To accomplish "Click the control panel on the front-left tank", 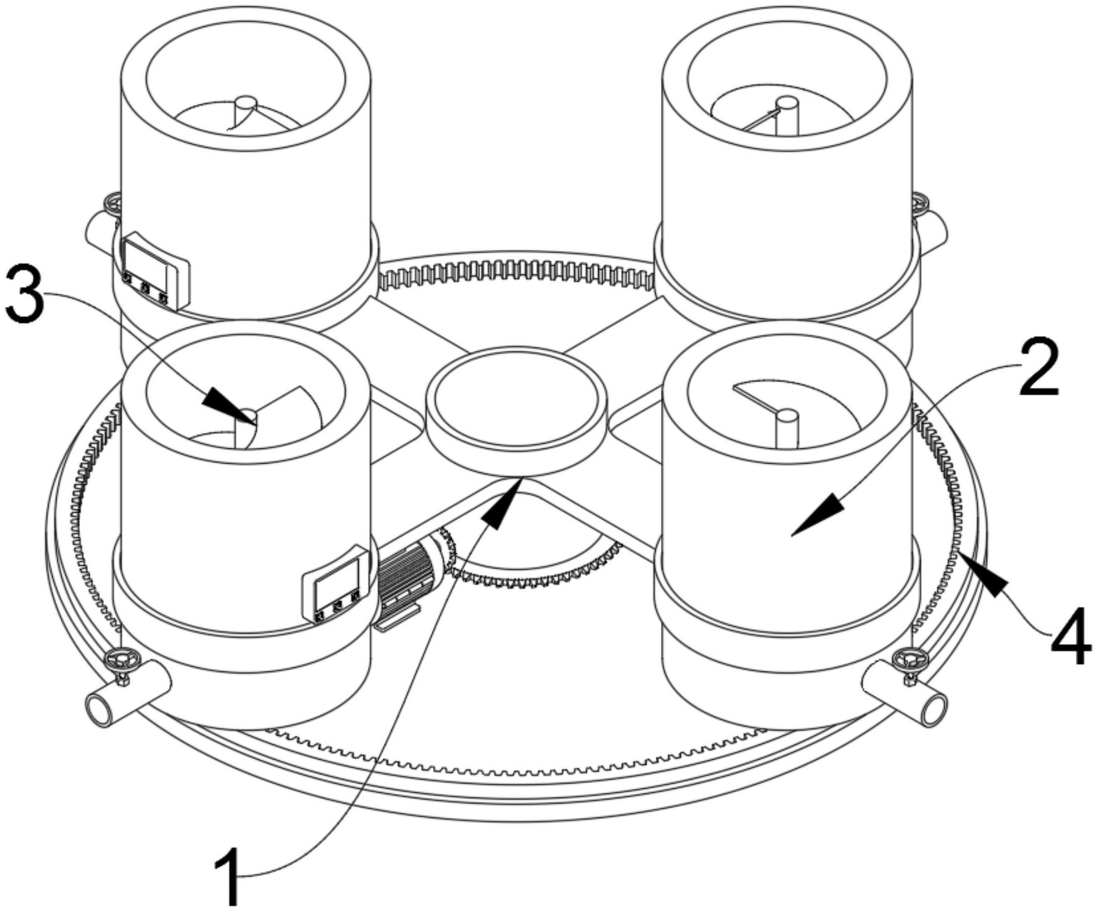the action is [337, 584].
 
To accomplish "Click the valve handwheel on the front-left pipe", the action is [121, 660].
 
